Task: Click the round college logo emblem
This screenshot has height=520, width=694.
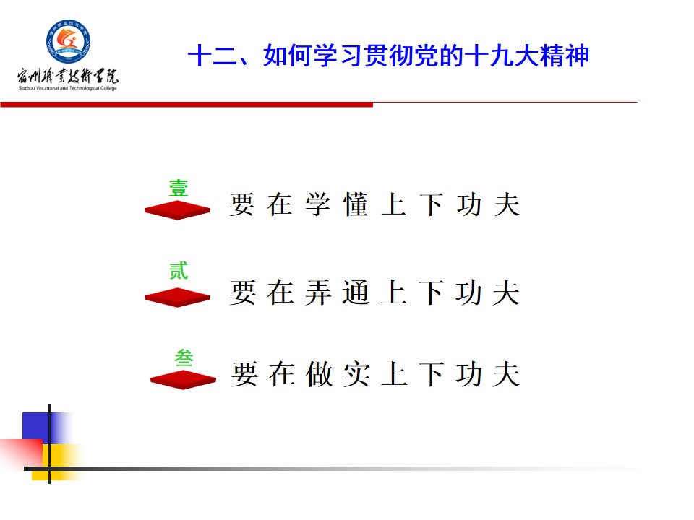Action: (x=68, y=42)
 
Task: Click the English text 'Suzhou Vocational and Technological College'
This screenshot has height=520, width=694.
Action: (x=68, y=88)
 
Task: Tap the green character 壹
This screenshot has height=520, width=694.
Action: (x=179, y=188)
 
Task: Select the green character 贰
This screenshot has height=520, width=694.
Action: (x=179, y=271)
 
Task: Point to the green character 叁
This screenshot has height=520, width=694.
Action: (x=184, y=357)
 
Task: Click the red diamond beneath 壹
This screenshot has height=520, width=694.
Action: (x=178, y=210)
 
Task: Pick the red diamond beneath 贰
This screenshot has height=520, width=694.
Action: (x=178, y=297)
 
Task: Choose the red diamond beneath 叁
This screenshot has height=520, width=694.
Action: (x=183, y=380)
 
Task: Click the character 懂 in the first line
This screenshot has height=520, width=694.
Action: (x=356, y=204)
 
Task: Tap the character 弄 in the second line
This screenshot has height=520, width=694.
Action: (x=318, y=292)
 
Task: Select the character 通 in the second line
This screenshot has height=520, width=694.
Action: (x=356, y=292)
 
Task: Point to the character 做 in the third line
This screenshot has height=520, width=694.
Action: (x=319, y=374)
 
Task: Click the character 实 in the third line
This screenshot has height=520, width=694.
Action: (x=356, y=374)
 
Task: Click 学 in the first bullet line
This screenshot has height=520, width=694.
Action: (x=318, y=204)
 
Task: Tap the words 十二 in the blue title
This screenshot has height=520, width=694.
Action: (x=213, y=56)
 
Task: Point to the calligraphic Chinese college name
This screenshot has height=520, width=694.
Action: (x=68, y=76)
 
